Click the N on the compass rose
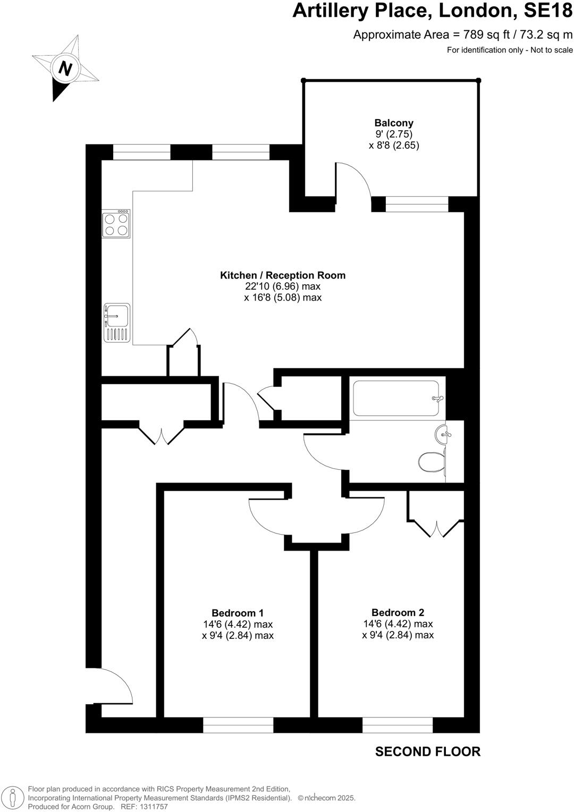[x=65, y=69]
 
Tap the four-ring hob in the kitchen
[x=116, y=224]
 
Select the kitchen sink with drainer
[x=116, y=322]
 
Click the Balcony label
[x=394, y=123]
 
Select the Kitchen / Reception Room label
[x=283, y=275]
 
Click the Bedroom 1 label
[x=238, y=613]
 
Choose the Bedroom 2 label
[x=398, y=612]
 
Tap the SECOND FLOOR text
[x=427, y=751]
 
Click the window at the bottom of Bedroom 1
[x=238, y=725]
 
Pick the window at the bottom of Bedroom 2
[x=398, y=725]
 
